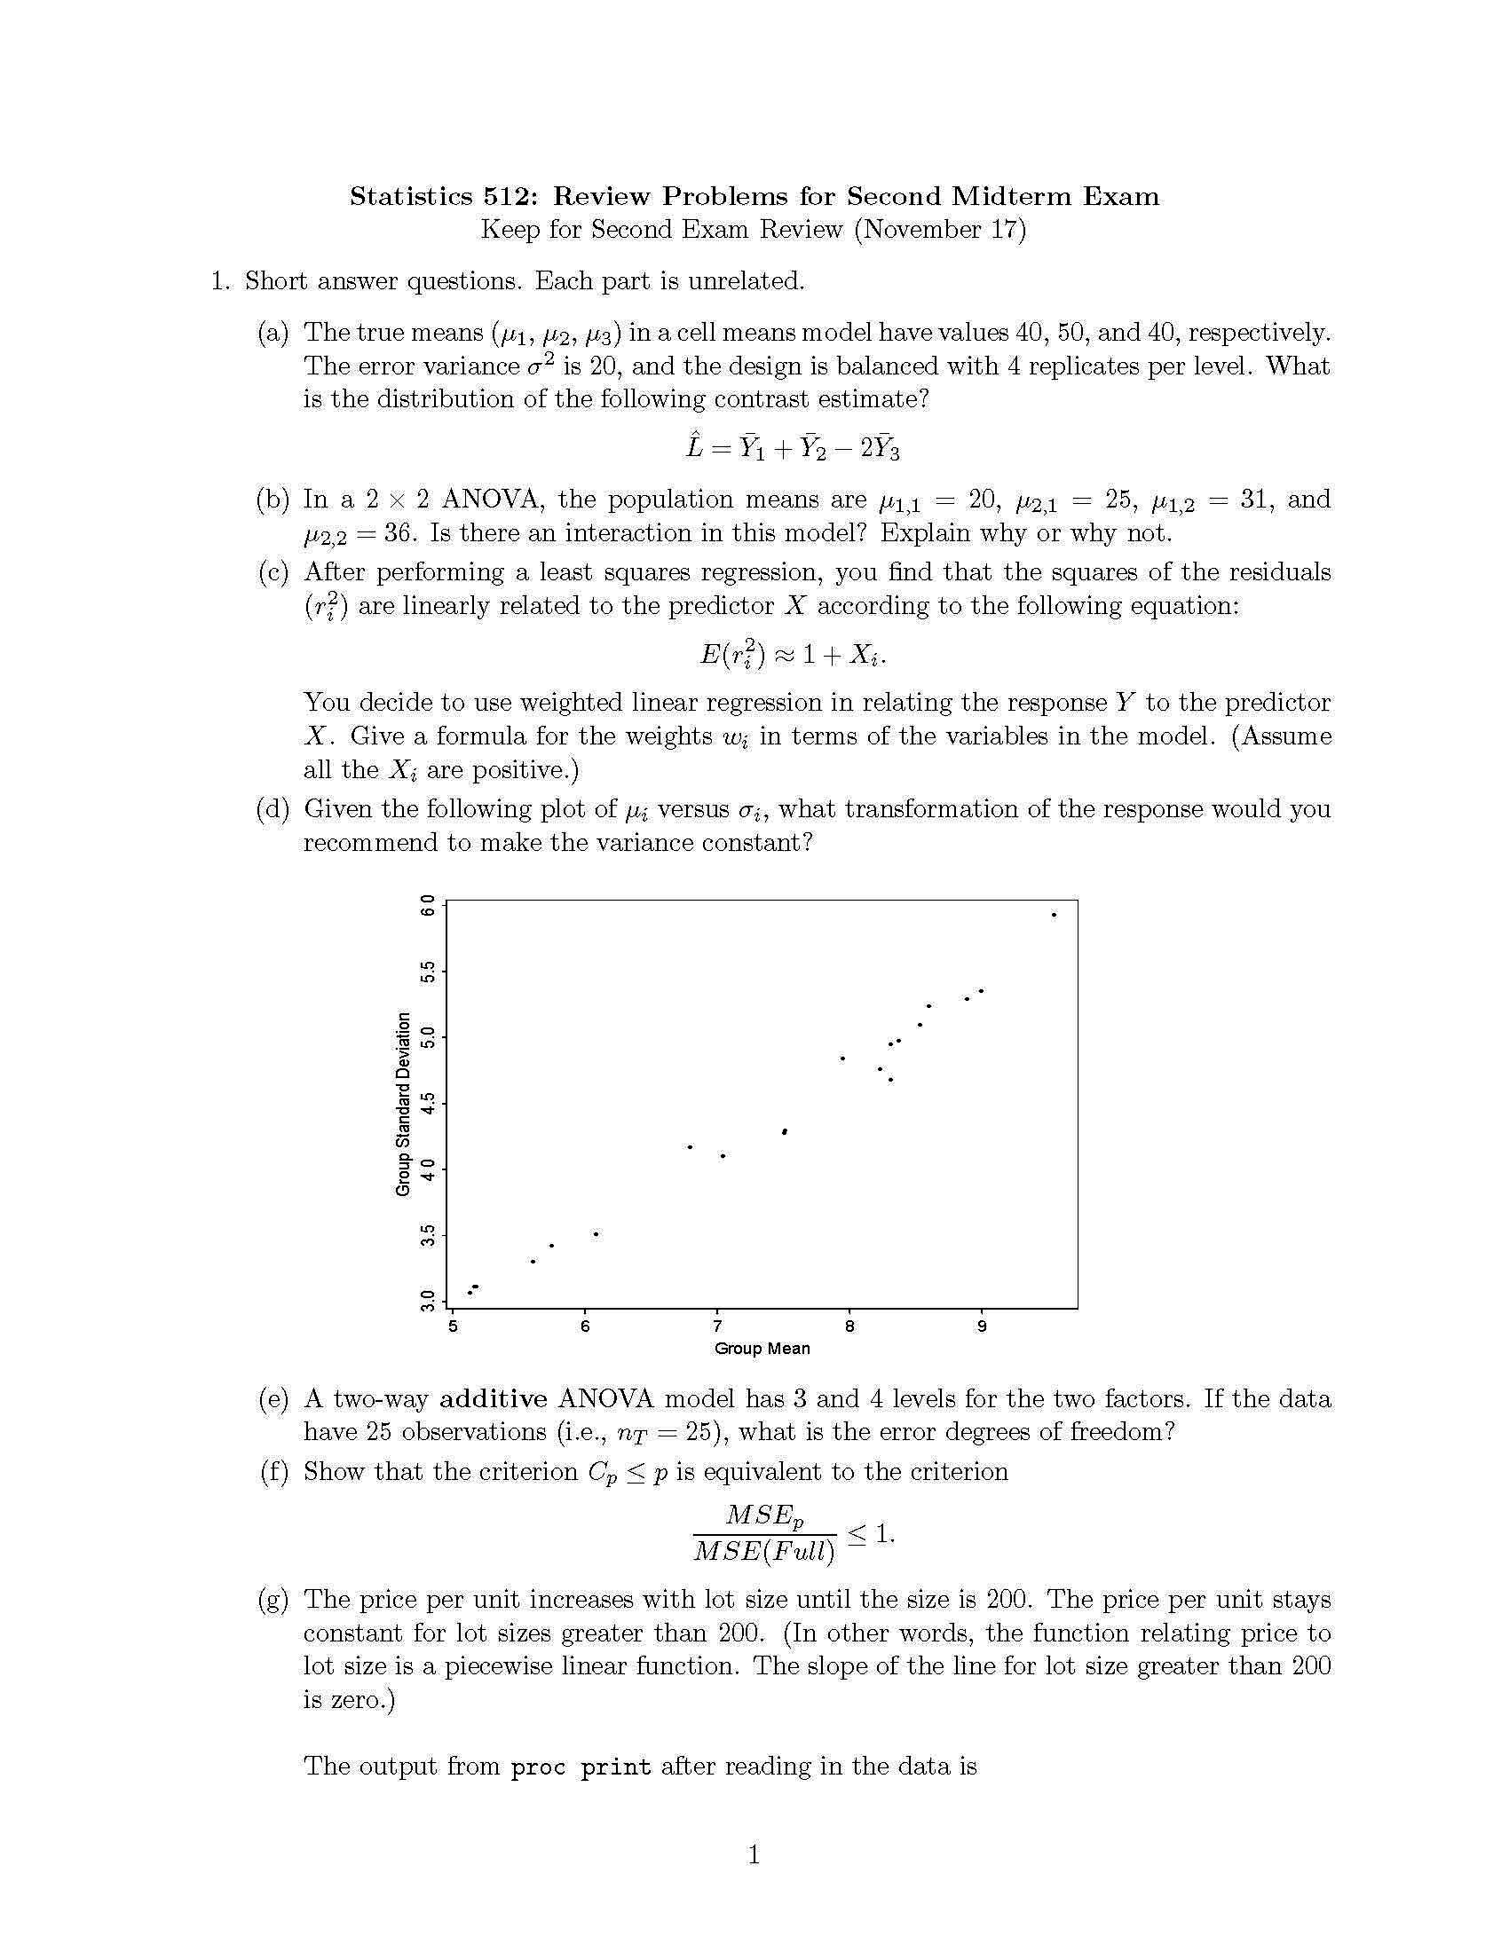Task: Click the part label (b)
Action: [273, 500]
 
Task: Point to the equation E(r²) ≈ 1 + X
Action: [792, 655]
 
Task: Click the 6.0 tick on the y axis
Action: [427, 904]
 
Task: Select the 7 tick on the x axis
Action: [717, 1327]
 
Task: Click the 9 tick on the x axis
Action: [982, 1327]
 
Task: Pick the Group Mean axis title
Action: [762, 1349]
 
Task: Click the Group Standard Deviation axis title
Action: [403, 1104]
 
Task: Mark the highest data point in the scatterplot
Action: [1054, 914]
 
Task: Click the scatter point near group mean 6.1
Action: [596, 1234]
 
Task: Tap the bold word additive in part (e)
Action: [494, 1399]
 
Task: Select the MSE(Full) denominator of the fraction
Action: [763, 1552]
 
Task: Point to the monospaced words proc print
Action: [581, 1767]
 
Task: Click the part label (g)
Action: [273, 1600]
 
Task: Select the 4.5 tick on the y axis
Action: [427, 1103]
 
